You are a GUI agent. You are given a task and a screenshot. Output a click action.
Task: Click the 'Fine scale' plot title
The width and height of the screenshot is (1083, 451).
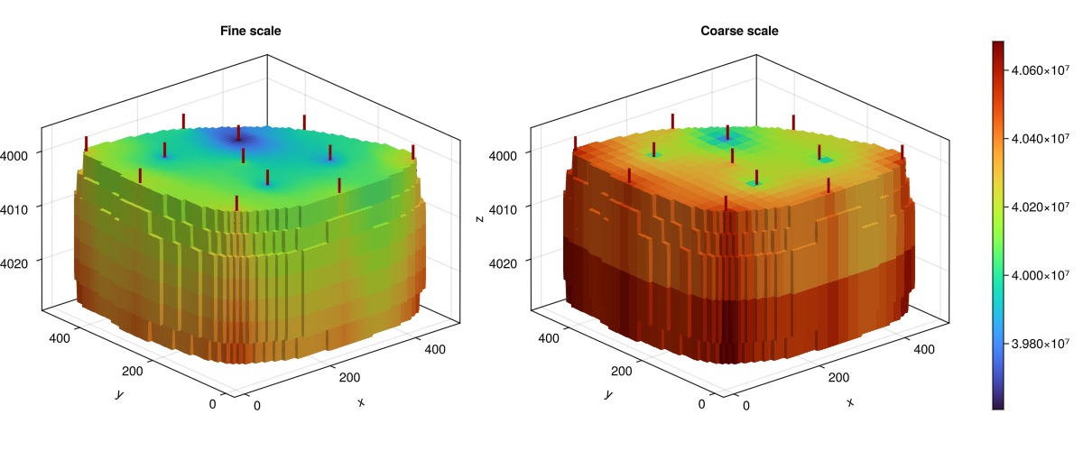(x=250, y=31)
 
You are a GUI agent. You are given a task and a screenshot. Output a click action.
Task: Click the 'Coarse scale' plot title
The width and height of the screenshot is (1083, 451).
(x=739, y=31)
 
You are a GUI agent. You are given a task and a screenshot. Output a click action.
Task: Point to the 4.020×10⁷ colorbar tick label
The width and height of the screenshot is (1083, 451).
(x=1043, y=207)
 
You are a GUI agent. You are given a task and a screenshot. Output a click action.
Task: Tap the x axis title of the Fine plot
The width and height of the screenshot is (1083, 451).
(x=361, y=402)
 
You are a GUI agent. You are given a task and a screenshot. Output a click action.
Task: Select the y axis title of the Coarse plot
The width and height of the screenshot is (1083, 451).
(x=606, y=394)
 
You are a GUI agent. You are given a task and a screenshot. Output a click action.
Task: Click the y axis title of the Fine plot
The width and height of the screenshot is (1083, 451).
(x=117, y=394)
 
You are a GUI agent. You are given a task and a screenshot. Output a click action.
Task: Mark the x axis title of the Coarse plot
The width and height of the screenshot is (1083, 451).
(x=850, y=402)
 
